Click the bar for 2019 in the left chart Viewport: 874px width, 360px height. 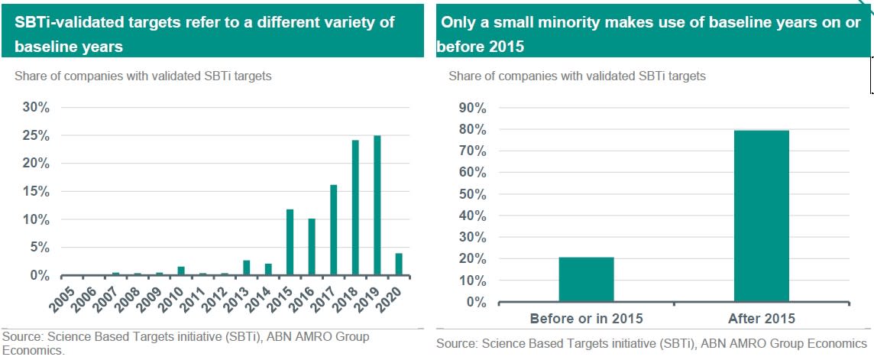[377, 206]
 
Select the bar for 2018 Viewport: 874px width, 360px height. [355, 208]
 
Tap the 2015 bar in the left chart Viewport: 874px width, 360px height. [290, 242]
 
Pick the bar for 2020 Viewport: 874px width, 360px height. [399, 264]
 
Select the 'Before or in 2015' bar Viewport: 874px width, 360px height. [586, 280]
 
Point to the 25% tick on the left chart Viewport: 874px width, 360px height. [35, 136]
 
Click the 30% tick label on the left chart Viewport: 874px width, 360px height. [35, 108]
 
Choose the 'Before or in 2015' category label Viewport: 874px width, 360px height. [586, 318]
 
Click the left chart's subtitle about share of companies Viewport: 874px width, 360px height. [143, 76]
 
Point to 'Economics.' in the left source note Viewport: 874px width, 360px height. [34, 352]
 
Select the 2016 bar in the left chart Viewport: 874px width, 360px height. [312, 247]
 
